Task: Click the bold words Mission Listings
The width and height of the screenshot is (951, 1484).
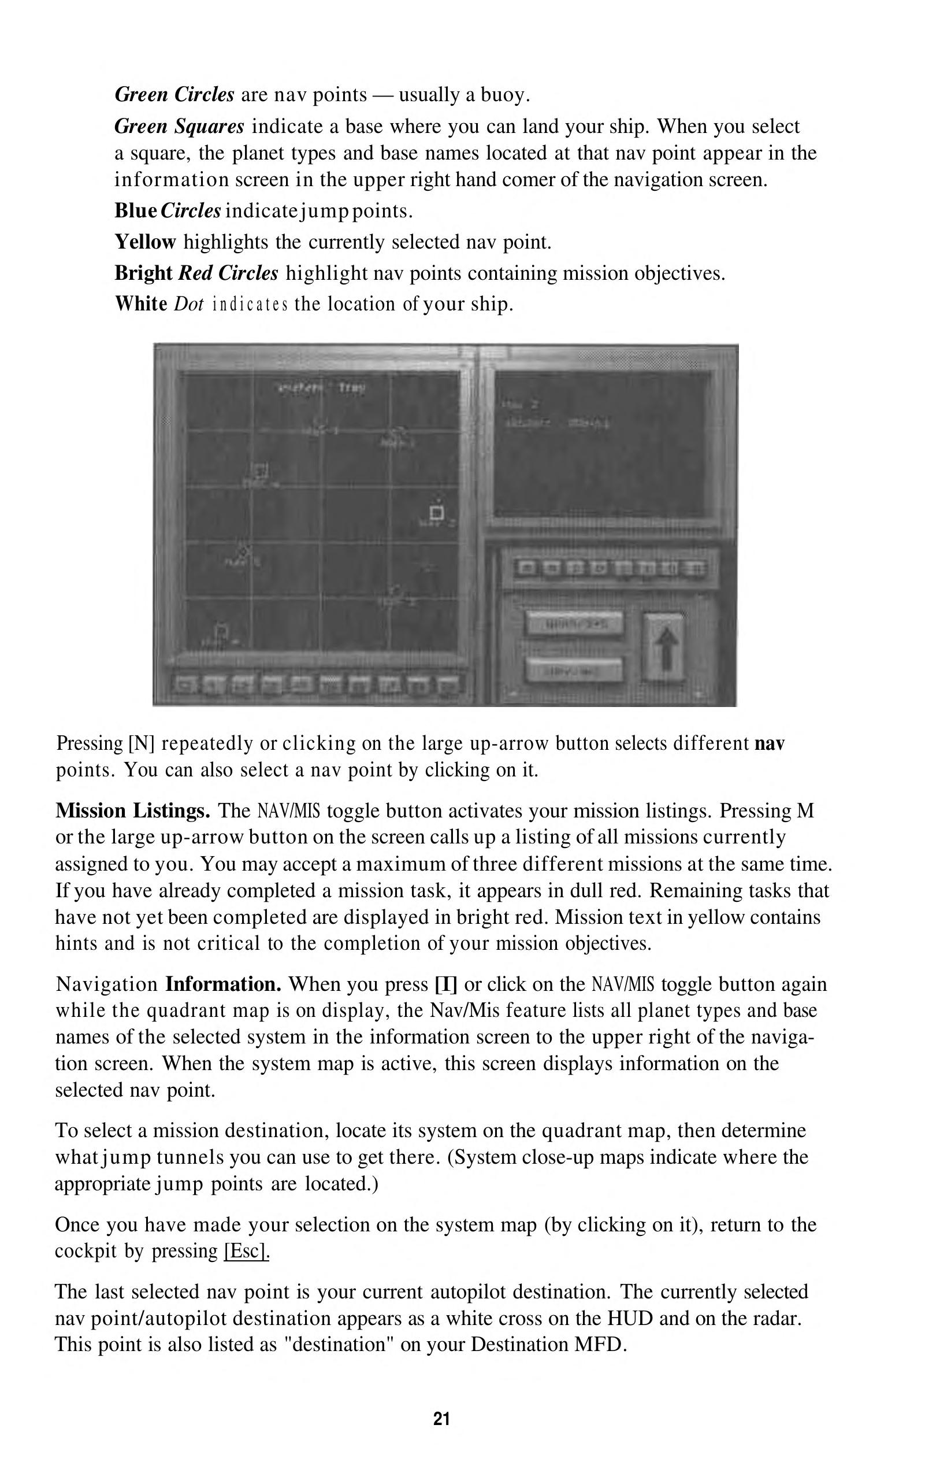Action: point(133,810)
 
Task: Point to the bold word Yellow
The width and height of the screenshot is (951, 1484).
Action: point(145,242)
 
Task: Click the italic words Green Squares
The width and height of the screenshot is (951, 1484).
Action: point(179,127)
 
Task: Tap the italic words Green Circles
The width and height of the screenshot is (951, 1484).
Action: point(174,95)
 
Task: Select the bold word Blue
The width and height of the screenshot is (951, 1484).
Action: point(136,210)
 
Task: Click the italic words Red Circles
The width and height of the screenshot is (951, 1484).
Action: point(228,273)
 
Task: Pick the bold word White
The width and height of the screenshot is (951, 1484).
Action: point(142,304)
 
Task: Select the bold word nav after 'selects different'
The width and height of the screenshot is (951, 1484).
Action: point(770,743)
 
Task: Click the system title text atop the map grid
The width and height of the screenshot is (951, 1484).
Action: point(321,388)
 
